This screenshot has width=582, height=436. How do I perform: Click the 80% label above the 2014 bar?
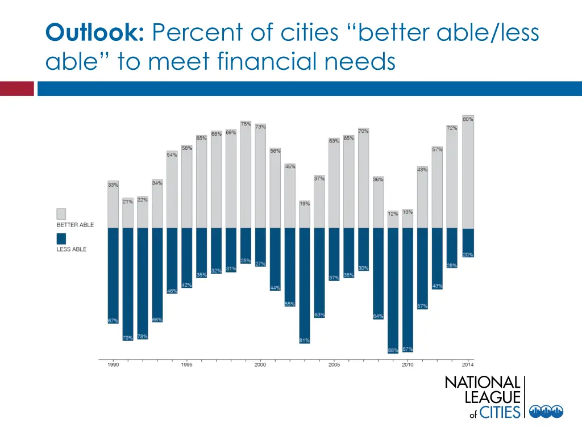(x=468, y=119)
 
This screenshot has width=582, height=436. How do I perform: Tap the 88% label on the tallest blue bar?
(x=393, y=350)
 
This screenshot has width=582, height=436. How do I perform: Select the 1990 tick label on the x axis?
(x=113, y=364)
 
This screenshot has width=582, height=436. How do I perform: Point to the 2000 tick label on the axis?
(x=260, y=364)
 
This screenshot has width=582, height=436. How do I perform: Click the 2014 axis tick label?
(x=468, y=364)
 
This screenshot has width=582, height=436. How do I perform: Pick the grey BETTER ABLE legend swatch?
(x=61, y=213)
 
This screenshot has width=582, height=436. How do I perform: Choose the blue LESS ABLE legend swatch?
(x=61, y=238)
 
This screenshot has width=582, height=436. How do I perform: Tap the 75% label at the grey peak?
(x=246, y=124)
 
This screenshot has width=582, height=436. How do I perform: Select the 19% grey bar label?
(x=305, y=203)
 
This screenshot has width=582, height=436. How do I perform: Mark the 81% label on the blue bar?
(x=305, y=341)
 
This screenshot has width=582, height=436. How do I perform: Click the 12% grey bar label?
(x=393, y=214)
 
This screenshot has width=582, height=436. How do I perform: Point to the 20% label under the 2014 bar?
(x=468, y=255)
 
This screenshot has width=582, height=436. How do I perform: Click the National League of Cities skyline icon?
(x=546, y=412)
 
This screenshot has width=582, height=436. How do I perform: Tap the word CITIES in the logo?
(x=500, y=412)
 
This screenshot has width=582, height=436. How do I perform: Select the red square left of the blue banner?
(x=17, y=89)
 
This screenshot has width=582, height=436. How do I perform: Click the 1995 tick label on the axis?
(x=186, y=364)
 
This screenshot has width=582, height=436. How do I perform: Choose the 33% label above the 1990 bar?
(x=113, y=185)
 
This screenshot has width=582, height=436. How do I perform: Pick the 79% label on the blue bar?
(x=128, y=338)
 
